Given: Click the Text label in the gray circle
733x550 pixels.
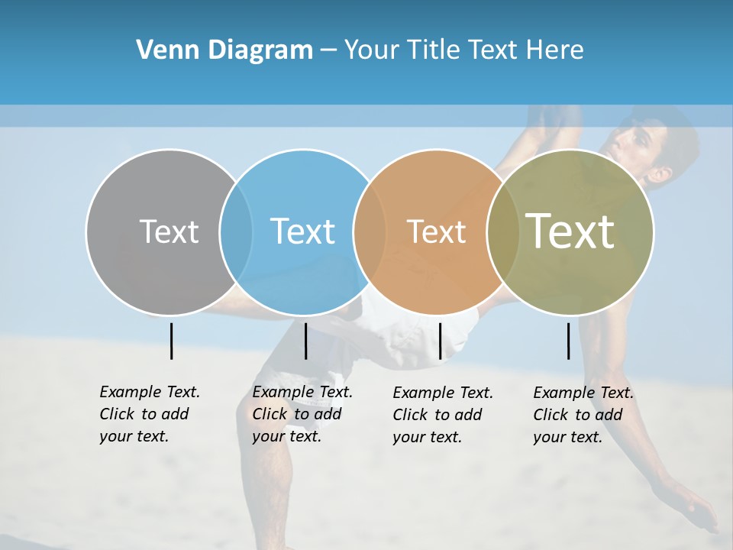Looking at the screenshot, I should [x=169, y=231].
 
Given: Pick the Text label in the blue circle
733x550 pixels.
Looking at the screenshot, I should [x=302, y=231].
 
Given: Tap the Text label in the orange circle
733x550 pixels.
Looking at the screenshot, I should [x=436, y=231].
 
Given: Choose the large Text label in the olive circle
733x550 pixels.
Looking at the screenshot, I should [x=570, y=231].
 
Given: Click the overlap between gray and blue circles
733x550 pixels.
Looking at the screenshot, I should [x=236, y=232].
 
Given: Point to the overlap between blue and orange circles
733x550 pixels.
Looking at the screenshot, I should [x=370, y=232].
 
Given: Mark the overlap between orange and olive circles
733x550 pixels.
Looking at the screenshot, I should [x=503, y=232].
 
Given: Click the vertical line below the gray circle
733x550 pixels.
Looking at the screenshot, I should [x=171, y=341].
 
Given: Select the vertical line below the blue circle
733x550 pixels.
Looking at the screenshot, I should [x=305, y=341].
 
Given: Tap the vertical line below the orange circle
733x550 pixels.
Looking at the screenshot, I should [x=440, y=341].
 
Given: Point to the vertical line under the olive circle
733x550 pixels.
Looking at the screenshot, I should [x=569, y=341].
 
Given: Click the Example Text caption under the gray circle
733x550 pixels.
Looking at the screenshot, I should [x=150, y=414].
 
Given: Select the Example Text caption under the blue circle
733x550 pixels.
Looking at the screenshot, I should [x=302, y=414].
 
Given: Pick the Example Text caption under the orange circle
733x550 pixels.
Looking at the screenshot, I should [x=443, y=415].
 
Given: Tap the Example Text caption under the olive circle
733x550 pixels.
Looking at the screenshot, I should [x=583, y=415].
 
